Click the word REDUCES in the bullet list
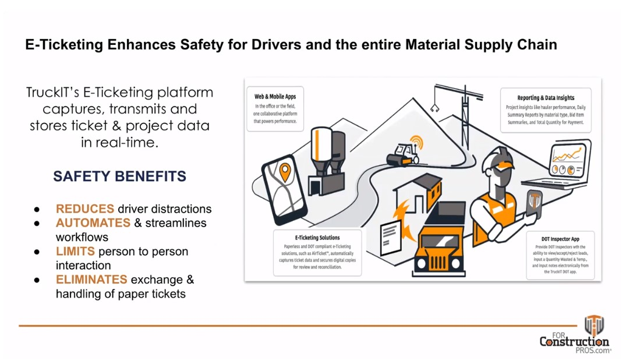[x=85, y=209]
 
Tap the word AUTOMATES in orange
[x=93, y=223]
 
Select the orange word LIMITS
[x=76, y=252]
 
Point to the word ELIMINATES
[x=91, y=280]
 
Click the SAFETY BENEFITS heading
[x=119, y=176]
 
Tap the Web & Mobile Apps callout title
[x=275, y=96]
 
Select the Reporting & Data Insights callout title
[x=546, y=98]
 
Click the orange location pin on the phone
[x=285, y=171]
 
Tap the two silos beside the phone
[x=328, y=151]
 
